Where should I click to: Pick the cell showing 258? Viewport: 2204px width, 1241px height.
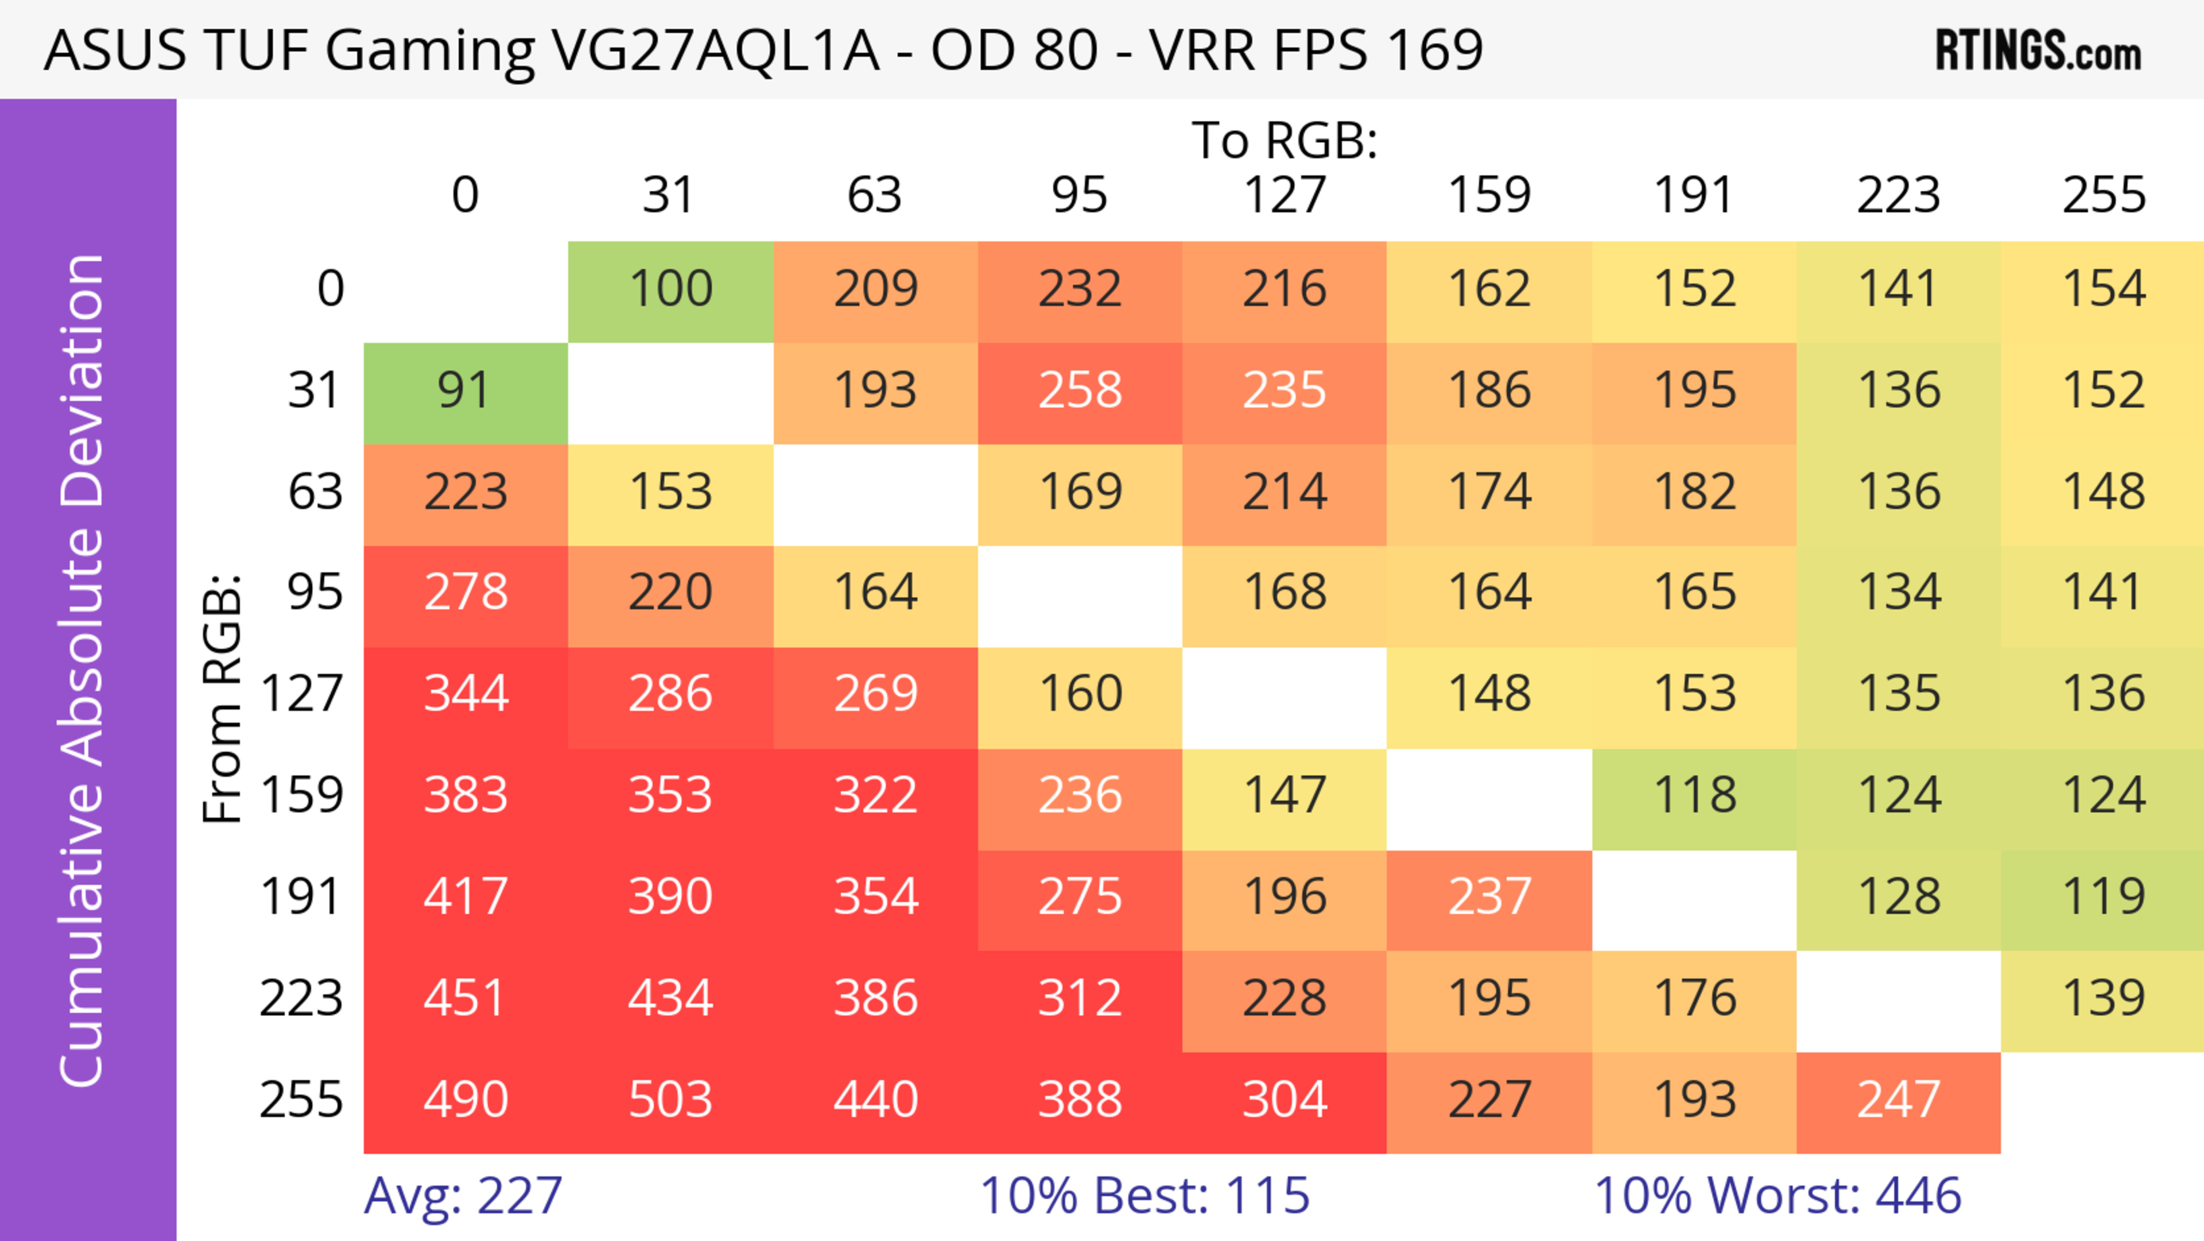[1080, 391]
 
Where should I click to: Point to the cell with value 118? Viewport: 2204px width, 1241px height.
[1694, 795]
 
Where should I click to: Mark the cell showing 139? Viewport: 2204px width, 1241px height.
[2103, 998]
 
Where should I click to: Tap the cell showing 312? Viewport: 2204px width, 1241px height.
[1080, 998]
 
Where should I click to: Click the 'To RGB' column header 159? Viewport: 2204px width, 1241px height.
[1489, 195]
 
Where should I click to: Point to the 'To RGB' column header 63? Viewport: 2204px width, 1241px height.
[874, 195]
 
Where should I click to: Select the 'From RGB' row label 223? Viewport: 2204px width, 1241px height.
[301, 998]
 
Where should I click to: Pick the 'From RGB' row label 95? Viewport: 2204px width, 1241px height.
[315, 592]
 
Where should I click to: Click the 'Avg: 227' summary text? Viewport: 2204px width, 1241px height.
[463, 1196]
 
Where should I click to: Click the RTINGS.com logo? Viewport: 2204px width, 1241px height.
[2038, 51]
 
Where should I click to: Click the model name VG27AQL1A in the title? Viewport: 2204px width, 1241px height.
[715, 49]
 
